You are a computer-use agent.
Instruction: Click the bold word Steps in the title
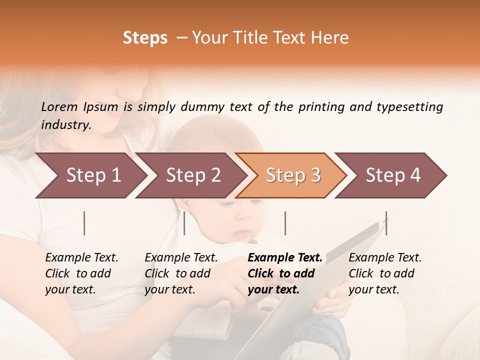point(145,38)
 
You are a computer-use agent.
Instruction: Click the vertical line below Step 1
point(84,223)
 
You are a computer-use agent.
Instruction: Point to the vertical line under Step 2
point(184,223)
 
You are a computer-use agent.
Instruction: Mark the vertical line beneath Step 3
point(285,223)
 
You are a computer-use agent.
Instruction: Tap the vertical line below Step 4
point(386,223)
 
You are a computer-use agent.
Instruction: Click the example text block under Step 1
point(81,273)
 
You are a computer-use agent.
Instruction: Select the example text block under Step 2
point(181,273)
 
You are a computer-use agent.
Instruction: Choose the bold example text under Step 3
point(285,273)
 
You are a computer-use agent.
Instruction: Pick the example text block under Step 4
point(385,273)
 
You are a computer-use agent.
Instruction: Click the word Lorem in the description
point(59,106)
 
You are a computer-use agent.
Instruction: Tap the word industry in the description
point(66,125)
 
